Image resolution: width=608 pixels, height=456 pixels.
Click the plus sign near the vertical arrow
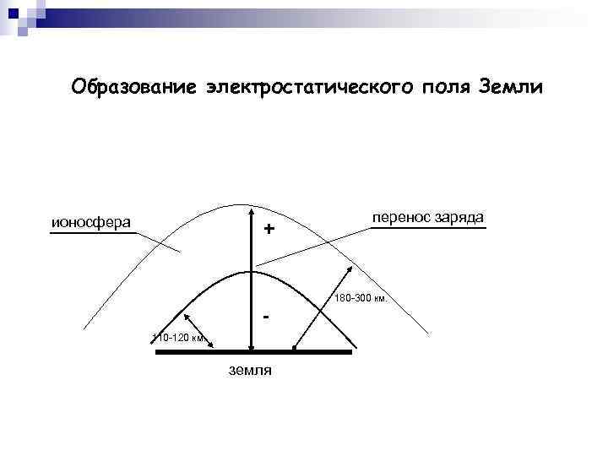point(269,229)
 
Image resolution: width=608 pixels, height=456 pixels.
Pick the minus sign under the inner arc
point(267,318)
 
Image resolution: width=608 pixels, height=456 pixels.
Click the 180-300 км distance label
point(361,298)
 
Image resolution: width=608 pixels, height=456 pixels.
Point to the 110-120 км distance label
point(177,338)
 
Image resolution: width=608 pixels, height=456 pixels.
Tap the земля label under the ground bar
point(250,371)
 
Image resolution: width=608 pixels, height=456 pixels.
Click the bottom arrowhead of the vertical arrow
point(252,346)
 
